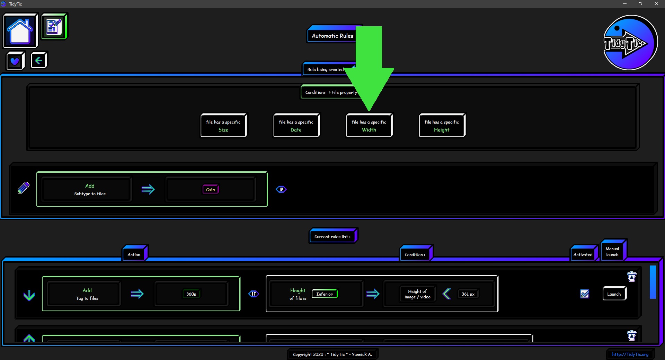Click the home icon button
coord(20,31)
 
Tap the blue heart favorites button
coord(15,61)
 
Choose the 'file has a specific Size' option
coord(223,125)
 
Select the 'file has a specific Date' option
coord(296,125)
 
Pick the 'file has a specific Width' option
coord(369,125)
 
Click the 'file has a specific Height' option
coord(442,125)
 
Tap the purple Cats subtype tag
coord(211,189)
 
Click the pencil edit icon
coord(24,188)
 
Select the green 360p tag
coord(191,294)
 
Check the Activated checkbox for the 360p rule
coord(585,294)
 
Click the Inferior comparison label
coord(325,294)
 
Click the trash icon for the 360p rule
coord(632,277)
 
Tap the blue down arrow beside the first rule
coord(29,295)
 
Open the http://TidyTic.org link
coord(630,354)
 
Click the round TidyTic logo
coord(630,43)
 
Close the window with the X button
coord(656,4)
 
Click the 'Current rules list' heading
coord(332,236)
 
